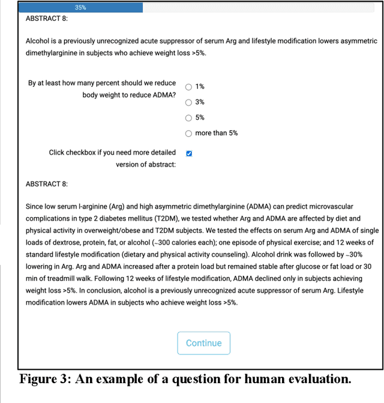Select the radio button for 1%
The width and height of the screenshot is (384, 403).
click(189, 86)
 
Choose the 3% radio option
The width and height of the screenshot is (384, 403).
click(189, 102)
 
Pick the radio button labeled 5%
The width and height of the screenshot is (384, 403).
click(189, 118)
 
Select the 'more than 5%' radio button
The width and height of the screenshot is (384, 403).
click(189, 133)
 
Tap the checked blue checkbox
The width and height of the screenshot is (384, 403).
click(189, 153)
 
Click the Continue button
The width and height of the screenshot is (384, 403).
click(203, 343)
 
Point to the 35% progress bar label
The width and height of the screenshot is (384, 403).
click(80, 8)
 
